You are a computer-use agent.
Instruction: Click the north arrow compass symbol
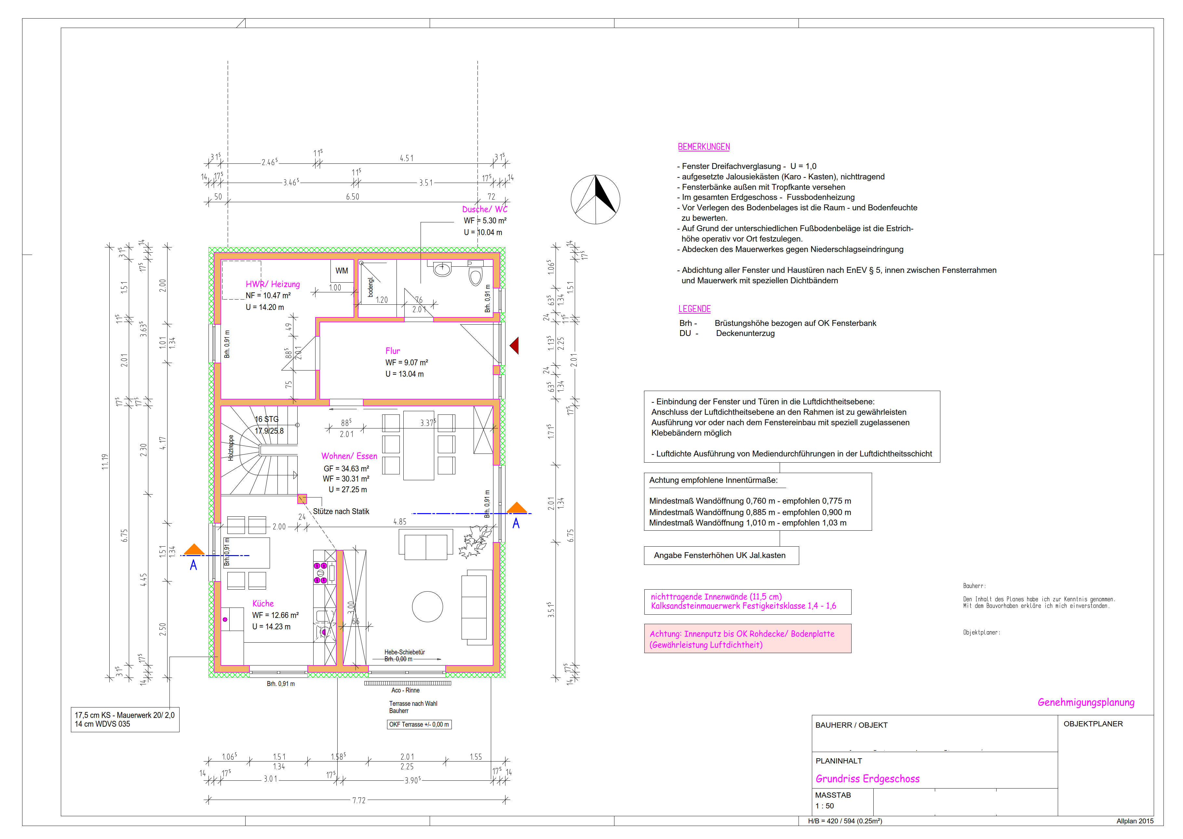click(595, 200)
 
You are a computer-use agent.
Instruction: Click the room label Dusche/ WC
click(485, 209)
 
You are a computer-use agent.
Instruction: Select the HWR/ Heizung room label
click(273, 284)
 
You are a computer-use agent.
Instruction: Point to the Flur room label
click(393, 351)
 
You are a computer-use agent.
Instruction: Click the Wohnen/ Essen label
click(349, 456)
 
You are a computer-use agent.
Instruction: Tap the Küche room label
click(263, 603)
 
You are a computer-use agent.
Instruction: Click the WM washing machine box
click(342, 271)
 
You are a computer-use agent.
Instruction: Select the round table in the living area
click(427, 607)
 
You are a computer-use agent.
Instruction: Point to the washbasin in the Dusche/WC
click(442, 269)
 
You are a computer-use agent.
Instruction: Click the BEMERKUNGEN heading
click(704, 147)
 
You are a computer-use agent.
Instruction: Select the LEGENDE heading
click(694, 309)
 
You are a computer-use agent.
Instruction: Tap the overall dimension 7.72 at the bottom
click(359, 800)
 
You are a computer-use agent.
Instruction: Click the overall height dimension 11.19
click(105, 461)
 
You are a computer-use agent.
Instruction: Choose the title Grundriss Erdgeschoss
click(867, 778)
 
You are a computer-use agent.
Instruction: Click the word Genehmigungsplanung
click(1086, 702)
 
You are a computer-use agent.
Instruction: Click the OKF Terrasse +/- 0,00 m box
click(419, 724)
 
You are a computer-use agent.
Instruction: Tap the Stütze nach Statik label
click(341, 511)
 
